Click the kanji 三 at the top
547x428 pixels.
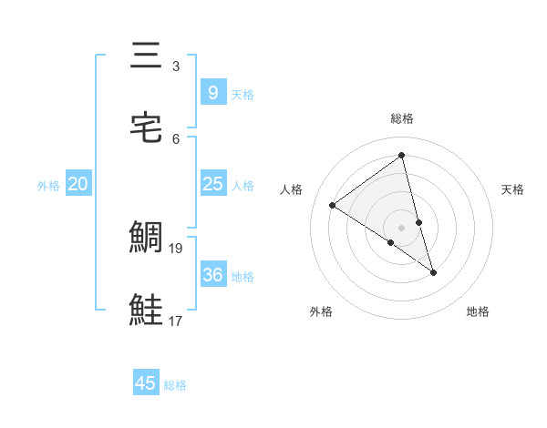147,56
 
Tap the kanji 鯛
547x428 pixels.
147,239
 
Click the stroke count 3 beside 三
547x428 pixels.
176,66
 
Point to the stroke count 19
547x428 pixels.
177,248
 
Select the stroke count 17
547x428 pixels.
177,321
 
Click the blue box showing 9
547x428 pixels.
212,92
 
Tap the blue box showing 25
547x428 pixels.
212,184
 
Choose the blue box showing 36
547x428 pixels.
212,275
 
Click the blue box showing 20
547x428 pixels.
78,184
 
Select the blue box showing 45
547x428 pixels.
146,383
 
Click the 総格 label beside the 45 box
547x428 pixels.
175,385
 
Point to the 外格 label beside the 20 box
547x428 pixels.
48,186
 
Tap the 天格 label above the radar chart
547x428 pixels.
512,189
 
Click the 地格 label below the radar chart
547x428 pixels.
478,311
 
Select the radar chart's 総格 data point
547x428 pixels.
401,156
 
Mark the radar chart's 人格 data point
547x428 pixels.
333,205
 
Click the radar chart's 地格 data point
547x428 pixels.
434,272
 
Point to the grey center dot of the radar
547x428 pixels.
401,228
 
